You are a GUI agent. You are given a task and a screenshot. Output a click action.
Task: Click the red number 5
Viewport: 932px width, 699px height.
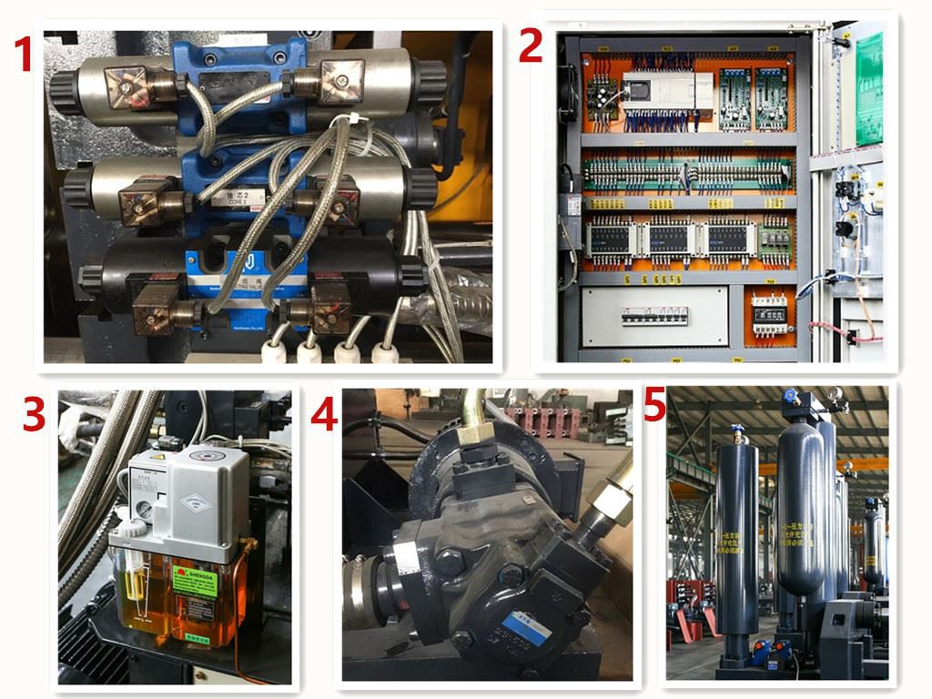[x=654, y=406]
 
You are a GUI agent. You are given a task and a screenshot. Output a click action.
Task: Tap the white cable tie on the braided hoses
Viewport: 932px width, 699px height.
[x=343, y=123]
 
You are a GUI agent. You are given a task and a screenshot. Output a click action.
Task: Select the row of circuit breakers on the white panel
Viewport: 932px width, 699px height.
[x=655, y=316]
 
